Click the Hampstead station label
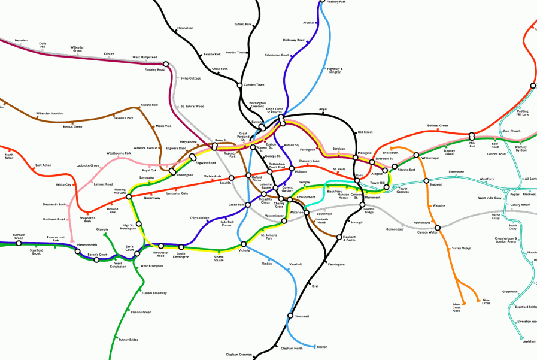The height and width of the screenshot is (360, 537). pos(185,28)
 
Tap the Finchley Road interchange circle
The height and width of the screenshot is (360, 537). pos(166,63)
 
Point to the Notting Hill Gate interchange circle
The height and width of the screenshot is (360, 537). pos(129,196)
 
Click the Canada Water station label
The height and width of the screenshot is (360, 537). pos(427,232)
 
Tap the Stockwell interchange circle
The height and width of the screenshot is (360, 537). pos(290,316)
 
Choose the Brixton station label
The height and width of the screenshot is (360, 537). pos(322,347)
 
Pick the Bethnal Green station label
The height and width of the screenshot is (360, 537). pos(438,126)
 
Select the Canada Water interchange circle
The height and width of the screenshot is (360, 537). pos(438,228)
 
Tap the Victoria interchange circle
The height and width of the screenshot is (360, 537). pos(244,244)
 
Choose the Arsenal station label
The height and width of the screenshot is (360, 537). pos(309,23)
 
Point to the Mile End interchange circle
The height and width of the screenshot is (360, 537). pos(472,136)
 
